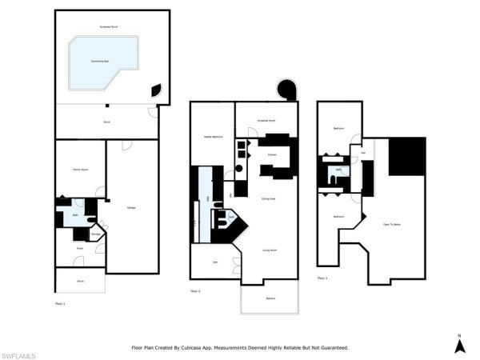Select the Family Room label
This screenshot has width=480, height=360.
click(x=80, y=170)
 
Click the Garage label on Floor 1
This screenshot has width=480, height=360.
click(x=130, y=208)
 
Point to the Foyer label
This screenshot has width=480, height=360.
click(x=80, y=249)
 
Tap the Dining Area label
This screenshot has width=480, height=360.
click(x=269, y=198)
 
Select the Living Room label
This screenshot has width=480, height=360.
click(x=270, y=250)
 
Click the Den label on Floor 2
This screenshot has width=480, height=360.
click(x=214, y=262)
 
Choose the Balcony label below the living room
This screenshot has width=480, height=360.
click(x=270, y=299)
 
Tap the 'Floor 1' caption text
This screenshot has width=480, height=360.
click(x=60, y=304)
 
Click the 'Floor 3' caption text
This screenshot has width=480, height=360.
click(x=322, y=278)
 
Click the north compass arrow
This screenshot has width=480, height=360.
click(x=459, y=345)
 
